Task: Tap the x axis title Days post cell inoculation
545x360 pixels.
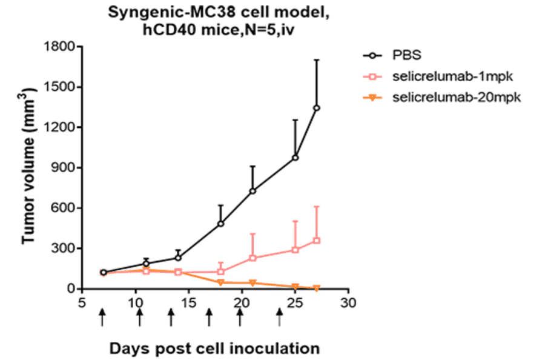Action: tap(215, 348)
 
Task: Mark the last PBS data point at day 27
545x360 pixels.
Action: tap(316, 108)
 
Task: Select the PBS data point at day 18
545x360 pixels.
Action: tap(221, 224)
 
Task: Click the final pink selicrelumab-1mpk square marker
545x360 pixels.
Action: tap(316, 241)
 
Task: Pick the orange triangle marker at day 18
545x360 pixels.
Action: tap(221, 282)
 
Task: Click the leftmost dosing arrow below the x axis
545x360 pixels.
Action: tap(102, 316)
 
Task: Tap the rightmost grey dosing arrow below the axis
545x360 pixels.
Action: tap(279, 316)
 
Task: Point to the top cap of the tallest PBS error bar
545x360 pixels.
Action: tap(316, 59)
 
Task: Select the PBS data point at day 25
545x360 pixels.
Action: tap(296, 158)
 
